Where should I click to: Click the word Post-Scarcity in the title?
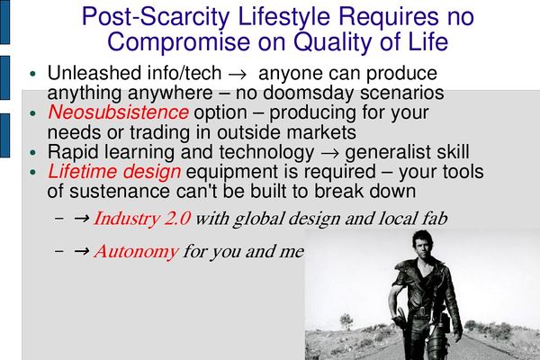click(156, 16)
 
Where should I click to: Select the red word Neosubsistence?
click(118, 112)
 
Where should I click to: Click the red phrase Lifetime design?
click(114, 172)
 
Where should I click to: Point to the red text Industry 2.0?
click(142, 219)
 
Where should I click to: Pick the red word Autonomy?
click(137, 251)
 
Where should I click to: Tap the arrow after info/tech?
click(238, 75)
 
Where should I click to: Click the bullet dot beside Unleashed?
click(33, 74)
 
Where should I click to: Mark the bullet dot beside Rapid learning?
click(33, 152)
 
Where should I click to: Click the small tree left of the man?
click(346, 321)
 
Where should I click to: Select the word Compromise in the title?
click(179, 42)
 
